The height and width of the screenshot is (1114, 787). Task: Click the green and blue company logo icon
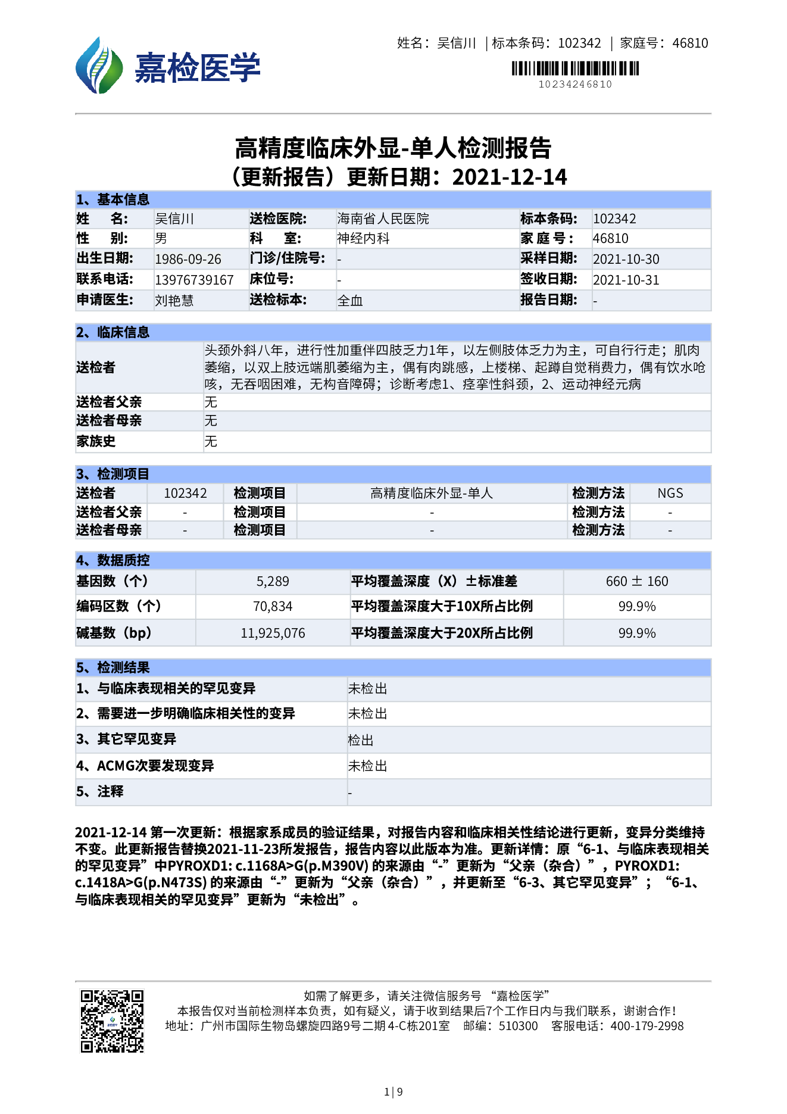[98, 65]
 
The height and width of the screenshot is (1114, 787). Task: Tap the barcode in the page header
[575, 68]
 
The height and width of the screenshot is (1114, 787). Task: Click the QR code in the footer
[112, 1021]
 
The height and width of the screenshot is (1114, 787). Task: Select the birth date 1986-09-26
[188, 260]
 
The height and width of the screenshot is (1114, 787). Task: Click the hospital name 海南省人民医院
[383, 219]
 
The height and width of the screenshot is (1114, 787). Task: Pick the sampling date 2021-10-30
[626, 260]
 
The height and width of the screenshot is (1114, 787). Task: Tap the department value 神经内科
[363, 239]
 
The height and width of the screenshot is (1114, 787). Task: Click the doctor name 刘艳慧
[174, 301]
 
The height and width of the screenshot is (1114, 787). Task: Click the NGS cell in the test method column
[670, 494]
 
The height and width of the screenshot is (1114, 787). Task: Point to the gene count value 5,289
[273, 582]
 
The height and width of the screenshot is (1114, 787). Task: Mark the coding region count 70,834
[273, 607]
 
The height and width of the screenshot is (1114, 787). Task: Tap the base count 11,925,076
[273, 634]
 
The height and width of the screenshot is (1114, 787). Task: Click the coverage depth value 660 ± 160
[637, 582]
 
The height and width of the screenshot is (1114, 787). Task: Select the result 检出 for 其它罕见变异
[361, 741]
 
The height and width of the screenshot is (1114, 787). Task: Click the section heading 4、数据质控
[113, 560]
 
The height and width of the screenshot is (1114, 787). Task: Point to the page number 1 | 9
[393, 1092]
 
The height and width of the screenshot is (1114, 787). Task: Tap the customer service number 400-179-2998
[647, 1026]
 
